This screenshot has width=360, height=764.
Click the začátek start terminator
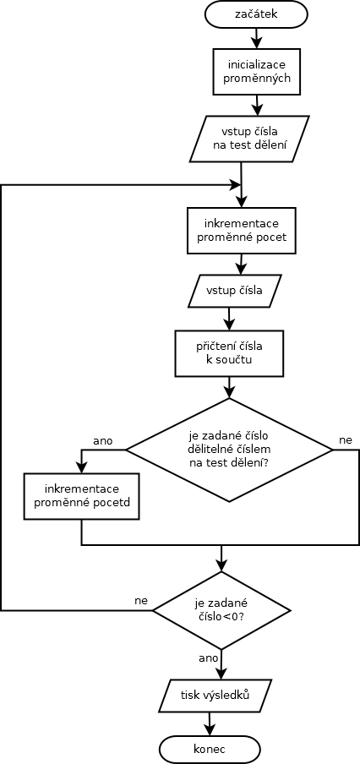[x=256, y=14]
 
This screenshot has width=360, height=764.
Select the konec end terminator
[x=210, y=749]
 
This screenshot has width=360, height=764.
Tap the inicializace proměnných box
[x=256, y=71]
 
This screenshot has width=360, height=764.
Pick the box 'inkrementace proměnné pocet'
[x=242, y=231]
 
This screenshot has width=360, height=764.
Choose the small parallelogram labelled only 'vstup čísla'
[x=235, y=292]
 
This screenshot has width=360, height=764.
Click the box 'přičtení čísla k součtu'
[x=229, y=353]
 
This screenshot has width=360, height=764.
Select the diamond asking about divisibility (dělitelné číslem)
[x=229, y=450]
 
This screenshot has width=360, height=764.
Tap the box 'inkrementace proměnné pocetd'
[x=81, y=495]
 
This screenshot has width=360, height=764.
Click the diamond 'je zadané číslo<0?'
[x=221, y=609]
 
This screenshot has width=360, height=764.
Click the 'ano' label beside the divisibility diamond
[x=103, y=441]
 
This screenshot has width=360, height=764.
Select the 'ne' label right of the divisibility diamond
[x=346, y=440]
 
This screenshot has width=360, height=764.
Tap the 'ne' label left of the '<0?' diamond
[x=141, y=600]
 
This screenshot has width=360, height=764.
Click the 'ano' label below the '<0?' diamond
[x=209, y=658]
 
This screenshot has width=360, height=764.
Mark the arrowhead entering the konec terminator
[x=210, y=730]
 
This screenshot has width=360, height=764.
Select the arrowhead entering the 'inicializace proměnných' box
[x=256, y=42]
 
